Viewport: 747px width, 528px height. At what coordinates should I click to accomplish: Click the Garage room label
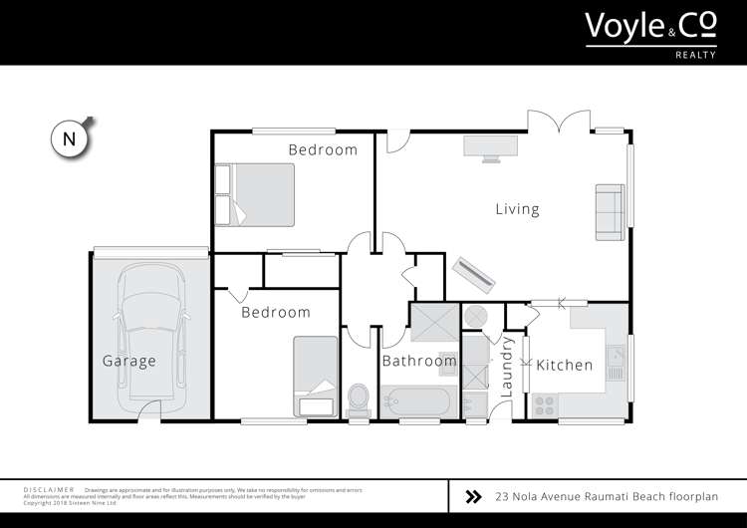(x=129, y=361)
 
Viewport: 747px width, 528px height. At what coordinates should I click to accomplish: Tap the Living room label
(x=517, y=209)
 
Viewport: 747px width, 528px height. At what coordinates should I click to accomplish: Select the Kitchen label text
(x=565, y=365)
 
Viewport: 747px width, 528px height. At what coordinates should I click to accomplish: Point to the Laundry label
(x=507, y=368)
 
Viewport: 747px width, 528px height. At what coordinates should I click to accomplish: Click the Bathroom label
(x=419, y=361)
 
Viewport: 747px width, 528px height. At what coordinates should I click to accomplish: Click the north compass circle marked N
(x=69, y=139)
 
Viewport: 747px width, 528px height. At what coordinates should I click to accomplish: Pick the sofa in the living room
(x=609, y=210)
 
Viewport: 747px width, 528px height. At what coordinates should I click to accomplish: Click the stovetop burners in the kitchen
(x=546, y=404)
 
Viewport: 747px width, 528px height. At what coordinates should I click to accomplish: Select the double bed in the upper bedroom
(x=256, y=194)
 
